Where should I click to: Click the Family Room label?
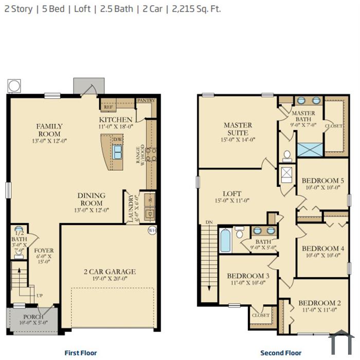(x=49, y=130)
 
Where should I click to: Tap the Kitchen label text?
(x=119, y=119)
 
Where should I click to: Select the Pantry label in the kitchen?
(x=145, y=101)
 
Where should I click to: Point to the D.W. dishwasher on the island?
(x=117, y=140)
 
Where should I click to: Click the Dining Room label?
(x=92, y=199)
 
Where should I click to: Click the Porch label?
(x=30, y=317)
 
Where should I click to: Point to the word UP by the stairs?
(x=39, y=296)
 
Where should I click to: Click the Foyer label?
(x=44, y=251)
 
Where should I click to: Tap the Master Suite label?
(x=238, y=129)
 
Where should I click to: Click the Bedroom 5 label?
(x=322, y=181)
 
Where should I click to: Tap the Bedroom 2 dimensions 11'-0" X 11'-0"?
(x=319, y=310)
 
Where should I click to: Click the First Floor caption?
(x=81, y=353)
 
